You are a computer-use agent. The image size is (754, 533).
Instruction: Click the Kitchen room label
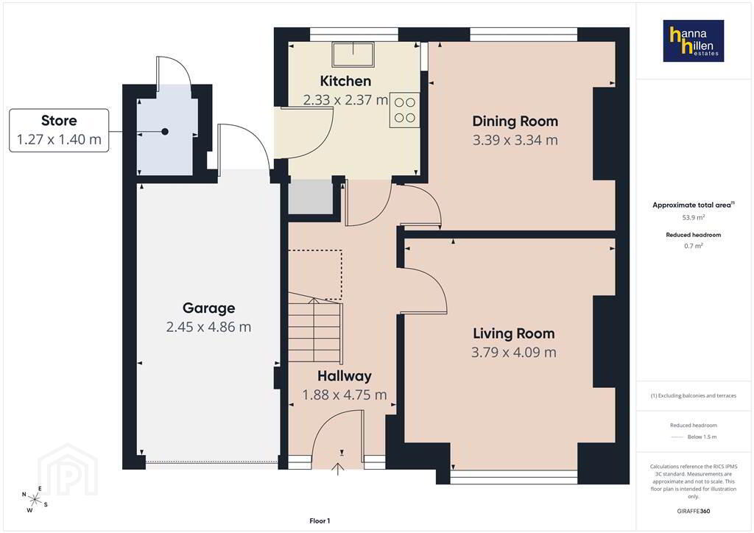[x=345, y=81]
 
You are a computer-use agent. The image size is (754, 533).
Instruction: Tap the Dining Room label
[x=515, y=121]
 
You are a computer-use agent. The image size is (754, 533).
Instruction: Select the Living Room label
[x=513, y=333]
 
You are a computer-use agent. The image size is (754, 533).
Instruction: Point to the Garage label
[x=208, y=308]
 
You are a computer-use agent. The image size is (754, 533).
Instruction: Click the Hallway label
[x=345, y=376]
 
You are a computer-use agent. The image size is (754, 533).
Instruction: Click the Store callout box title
[x=59, y=120]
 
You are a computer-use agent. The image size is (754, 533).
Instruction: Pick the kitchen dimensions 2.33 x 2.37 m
[x=345, y=100]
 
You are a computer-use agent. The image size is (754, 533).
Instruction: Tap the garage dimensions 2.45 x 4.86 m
[x=208, y=328]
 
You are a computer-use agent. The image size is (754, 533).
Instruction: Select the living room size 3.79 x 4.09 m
[x=513, y=353]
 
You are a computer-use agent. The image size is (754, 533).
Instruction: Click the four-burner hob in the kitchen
[x=404, y=110]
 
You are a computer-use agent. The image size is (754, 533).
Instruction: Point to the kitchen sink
[x=353, y=54]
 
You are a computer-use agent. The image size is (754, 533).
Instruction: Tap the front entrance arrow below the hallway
[x=338, y=469]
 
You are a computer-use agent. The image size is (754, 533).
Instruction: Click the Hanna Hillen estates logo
[x=694, y=40]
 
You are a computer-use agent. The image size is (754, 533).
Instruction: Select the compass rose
[x=35, y=499]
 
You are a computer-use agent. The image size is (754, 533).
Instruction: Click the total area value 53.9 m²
[x=694, y=217]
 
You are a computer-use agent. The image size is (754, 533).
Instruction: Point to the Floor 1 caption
[x=320, y=521]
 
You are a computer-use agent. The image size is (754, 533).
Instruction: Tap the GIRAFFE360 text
[x=694, y=512]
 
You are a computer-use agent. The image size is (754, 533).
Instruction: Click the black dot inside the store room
[x=165, y=131]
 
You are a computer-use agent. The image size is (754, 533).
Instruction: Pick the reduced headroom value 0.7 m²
[x=694, y=246]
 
